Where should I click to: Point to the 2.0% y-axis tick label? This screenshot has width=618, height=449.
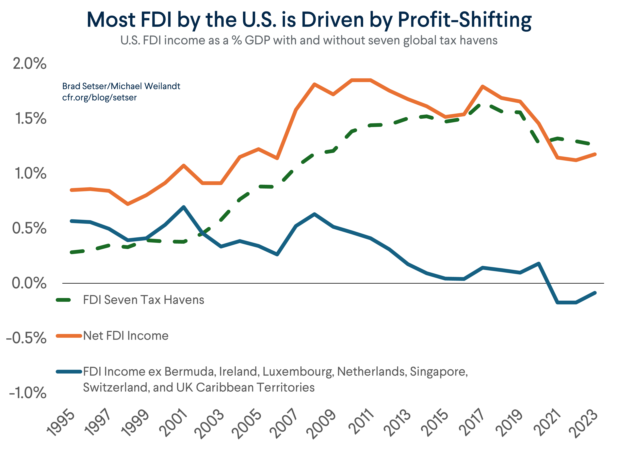[30, 64]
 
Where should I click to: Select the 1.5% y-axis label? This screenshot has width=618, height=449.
[30, 119]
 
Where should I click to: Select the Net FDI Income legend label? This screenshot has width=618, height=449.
[126, 336]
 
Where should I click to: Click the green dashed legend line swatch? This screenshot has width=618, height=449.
[63, 300]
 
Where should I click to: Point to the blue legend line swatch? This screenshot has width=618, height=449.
[69, 372]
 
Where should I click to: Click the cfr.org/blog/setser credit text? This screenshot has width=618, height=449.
[99, 98]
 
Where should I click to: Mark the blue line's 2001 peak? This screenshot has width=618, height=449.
[184, 207]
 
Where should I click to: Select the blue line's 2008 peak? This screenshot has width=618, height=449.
[315, 214]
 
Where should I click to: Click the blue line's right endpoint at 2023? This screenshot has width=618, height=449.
[595, 293]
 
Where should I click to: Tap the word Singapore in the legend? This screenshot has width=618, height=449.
[439, 372]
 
